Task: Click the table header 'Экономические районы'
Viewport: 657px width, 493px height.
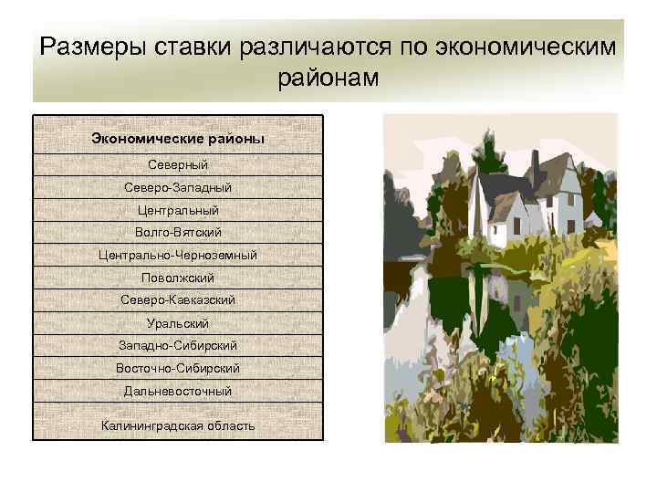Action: [x=178, y=139]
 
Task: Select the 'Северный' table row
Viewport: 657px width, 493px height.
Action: [x=178, y=164]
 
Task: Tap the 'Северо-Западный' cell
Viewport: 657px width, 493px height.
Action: [x=178, y=187]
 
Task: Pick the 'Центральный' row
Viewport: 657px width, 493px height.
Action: [x=178, y=210]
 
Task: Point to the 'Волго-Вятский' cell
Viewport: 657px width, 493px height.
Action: [x=178, y=233]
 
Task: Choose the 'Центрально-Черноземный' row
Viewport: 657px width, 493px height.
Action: [x=178, y=255]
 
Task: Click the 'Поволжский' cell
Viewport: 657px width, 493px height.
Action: [x=178, y=278]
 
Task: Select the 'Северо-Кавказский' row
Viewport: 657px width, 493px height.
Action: [x=178, y=300]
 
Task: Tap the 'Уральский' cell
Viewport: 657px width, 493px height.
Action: [x=178, y=323]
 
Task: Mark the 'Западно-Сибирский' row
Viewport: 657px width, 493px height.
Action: [x=178, y=346]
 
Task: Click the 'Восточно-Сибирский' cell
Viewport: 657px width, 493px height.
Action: [x=178, y=368]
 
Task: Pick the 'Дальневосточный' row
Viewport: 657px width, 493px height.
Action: [x=178, y=391]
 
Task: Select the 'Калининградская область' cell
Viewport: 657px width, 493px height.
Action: [x=178, y=425]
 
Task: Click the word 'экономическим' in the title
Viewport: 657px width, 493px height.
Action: [x=530, y=47]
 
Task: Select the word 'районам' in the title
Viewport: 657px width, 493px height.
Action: [x=328, y=79]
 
